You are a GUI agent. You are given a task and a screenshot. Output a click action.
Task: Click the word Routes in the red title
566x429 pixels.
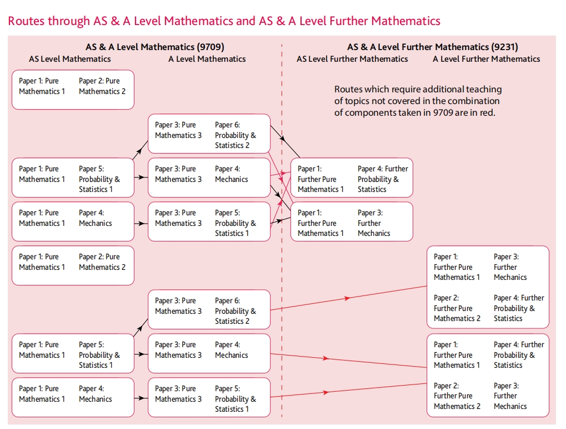[x=26, y=21]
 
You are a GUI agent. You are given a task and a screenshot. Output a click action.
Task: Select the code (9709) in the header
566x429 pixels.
[x=206, y=47]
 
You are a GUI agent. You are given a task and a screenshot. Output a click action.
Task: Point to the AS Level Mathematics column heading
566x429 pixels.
[x=70, y=59]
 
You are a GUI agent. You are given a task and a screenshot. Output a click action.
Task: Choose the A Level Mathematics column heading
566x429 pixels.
[x=207, y=59]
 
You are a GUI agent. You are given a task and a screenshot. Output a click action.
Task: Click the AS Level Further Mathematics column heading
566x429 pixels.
[x=352, y=59]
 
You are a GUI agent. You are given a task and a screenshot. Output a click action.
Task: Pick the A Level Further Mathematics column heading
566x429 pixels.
[x=487, y=59]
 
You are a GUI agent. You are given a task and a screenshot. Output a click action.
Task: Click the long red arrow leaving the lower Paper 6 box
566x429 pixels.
[x=348, y=298]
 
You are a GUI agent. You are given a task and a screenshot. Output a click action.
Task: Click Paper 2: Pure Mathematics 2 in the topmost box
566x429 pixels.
[x=102, y=86]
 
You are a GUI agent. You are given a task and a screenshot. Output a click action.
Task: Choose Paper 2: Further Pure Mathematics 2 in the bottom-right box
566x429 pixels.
[x=457, y=396]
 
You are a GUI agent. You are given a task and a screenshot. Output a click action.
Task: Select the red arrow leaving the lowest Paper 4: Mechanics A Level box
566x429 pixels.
[x=348, y=360]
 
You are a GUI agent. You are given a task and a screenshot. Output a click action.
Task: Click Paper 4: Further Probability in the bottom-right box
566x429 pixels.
[x=518, y=354]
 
